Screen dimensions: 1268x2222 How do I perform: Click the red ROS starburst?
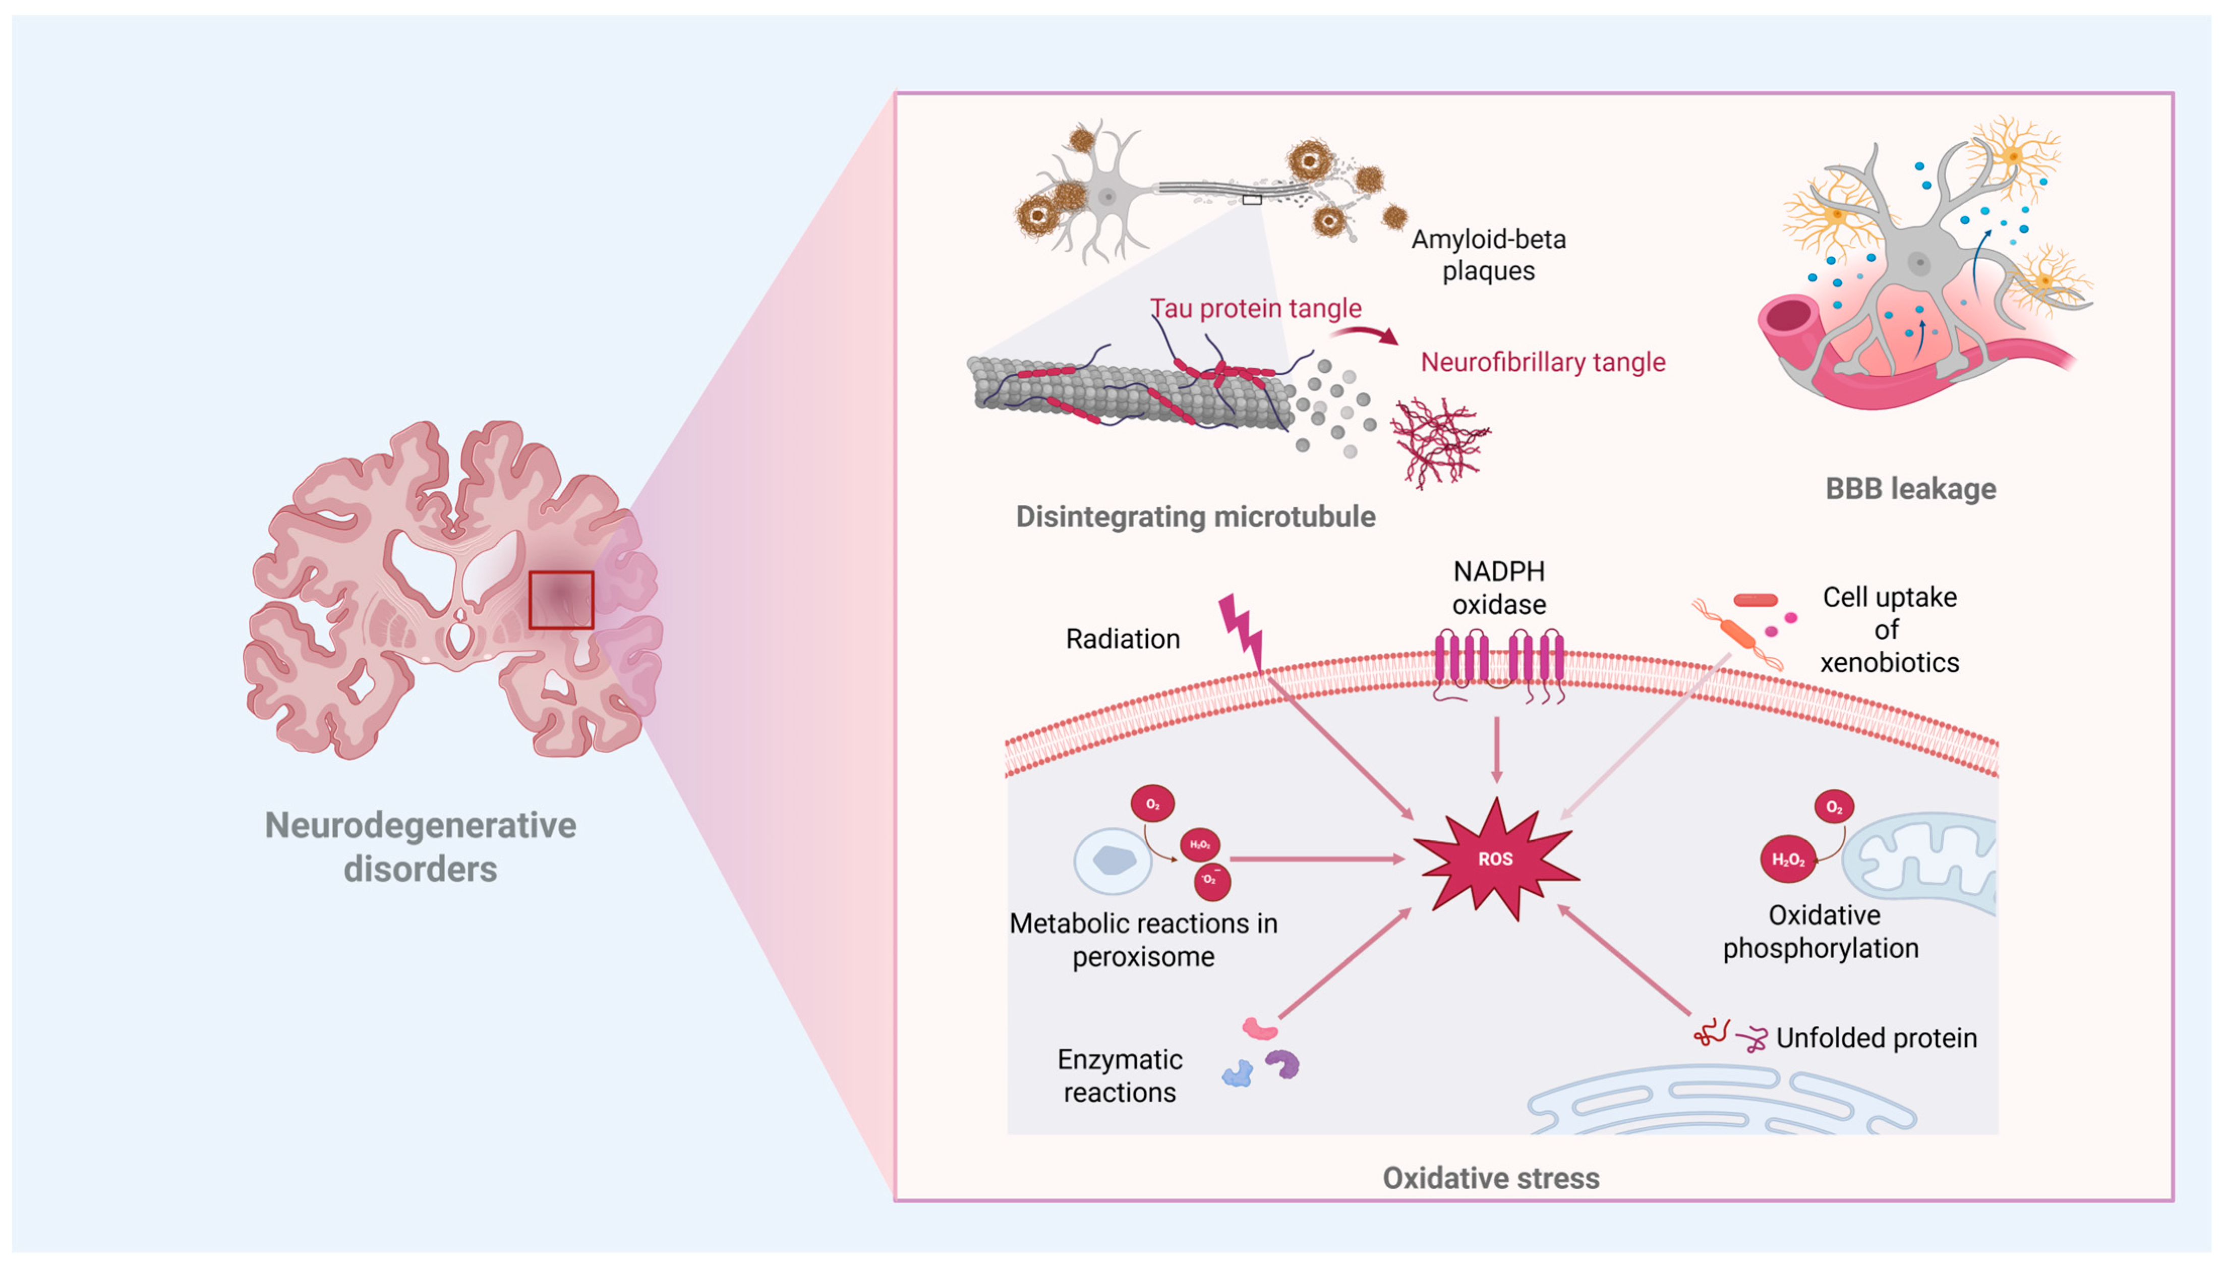click(1494, 858)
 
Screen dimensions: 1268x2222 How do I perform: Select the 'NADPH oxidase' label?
click(1498, 588)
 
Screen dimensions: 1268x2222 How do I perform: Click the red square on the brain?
click(561, 600)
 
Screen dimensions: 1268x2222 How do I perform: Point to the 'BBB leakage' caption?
click(1910, 489)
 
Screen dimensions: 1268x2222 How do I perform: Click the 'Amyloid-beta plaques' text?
click(1488, 254)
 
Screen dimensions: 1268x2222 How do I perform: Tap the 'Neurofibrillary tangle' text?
click(1542, 362)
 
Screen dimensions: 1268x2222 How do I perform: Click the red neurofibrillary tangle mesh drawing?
click(1438, 441)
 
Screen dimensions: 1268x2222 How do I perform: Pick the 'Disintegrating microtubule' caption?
click(1195, 516)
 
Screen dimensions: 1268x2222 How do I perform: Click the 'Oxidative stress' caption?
click(1491, 1177)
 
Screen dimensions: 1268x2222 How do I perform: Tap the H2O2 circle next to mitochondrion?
click(1787, 859)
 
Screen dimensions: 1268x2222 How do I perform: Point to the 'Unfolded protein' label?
click(1876, 1038)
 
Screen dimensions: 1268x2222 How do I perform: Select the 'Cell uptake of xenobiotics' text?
click(1889, 629)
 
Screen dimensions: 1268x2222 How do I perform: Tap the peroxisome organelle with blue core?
click(1113, 860)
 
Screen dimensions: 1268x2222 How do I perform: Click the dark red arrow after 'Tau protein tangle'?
click(1365, 333)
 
